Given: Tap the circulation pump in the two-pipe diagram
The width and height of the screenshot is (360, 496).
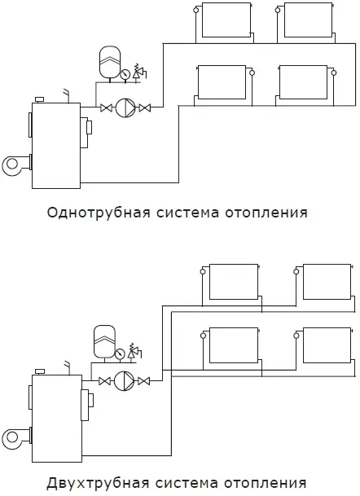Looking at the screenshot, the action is click(124, 381).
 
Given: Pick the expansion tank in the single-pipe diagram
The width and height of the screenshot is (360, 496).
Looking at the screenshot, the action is click(110, 62).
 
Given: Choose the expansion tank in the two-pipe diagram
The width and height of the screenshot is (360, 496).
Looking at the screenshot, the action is click(104, 341).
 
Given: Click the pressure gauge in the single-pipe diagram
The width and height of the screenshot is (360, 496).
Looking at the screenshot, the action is click(125, 74).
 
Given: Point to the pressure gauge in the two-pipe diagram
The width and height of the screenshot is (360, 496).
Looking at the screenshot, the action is click(120, 353).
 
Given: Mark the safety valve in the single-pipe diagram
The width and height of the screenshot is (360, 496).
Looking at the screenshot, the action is click(138, 71).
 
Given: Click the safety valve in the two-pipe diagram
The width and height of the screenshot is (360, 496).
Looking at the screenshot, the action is click(134, 351).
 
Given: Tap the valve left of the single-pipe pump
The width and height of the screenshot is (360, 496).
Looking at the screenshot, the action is click(106, 108).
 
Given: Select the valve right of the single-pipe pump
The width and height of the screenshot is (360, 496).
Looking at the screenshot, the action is click(144, 108).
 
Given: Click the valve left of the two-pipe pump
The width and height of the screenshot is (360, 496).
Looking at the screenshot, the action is click(104, 381).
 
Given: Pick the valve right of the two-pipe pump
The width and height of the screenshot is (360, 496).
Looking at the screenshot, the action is click(144, 381).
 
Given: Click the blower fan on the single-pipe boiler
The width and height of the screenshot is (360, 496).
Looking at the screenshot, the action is click(13, 165).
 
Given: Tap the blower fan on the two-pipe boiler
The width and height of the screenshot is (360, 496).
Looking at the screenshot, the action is click(13, 437).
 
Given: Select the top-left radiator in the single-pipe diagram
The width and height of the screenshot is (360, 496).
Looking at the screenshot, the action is click(226, 20).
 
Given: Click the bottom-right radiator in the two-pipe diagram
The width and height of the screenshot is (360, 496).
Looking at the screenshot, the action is click(327, 345).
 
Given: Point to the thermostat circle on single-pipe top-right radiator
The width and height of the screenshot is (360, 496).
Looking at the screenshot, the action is click(278, 10).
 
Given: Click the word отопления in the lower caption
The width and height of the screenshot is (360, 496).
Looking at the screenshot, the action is click(266, 484).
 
